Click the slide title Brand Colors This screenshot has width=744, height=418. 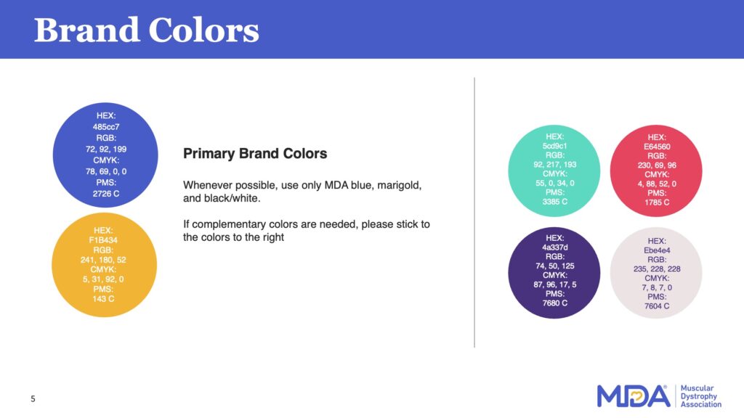point(147,30)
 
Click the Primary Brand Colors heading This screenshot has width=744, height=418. point(255,154)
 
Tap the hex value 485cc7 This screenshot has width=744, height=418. point(106,126)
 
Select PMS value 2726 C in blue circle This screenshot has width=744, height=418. point(106,194)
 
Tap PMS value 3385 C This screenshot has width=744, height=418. point(556,202)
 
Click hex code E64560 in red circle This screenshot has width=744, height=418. point(657,147)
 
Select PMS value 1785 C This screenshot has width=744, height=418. point(657,202)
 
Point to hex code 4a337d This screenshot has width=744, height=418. point(556,247)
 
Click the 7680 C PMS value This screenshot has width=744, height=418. point(556,303)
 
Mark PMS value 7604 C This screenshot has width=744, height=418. point(657,306)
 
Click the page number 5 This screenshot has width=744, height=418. point(33,398)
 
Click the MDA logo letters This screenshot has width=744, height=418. point(632,396)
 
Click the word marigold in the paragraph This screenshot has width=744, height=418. point(397,186)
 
